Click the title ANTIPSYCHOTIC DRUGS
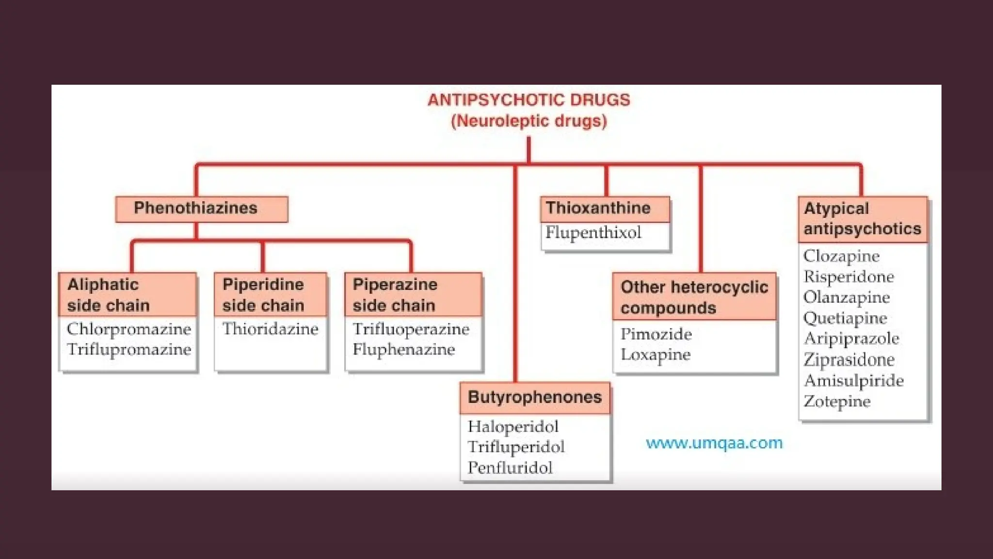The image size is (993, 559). pos(529,100)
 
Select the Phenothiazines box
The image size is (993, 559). pos(201,209)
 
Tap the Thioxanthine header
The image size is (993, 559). pos(604,208)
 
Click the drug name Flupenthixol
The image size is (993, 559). pos(593,233)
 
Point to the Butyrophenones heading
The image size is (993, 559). pos(534,397)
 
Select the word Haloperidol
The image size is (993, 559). pos(513,427)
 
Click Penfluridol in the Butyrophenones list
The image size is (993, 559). pos(510,468)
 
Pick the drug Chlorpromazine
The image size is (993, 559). pos(129,329)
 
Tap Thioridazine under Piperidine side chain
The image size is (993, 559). pos(270,329)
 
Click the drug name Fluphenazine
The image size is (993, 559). pos(403,350)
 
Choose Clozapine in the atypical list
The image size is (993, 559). pos(841,256)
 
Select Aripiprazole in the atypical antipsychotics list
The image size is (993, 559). pos(851,339)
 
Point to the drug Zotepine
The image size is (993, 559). pos(837,402)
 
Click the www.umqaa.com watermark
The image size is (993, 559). pos(714,443)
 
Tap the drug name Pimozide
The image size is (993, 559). pos(656,334)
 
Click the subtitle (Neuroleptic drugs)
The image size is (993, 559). pos(529,121)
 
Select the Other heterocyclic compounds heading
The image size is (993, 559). pos(694,297)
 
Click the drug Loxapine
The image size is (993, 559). pos(655,355)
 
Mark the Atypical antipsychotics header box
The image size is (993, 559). pos(862,219)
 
